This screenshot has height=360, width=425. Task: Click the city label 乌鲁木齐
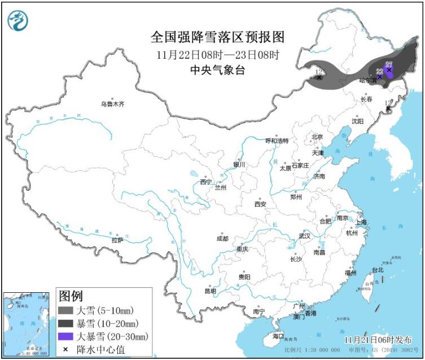pyautogui.click(x=112, y=104)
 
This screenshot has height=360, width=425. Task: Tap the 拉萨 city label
pyautogui.click(x=117, y=240)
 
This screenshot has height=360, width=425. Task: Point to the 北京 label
pyautogui.click(x=317, y=137)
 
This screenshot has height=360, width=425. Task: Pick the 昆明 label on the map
pyautogui.click(x=211, y=291)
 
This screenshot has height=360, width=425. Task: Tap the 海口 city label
pyautogui.click(x=278, y=336)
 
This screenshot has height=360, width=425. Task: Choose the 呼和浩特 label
pyautogui.click(x=277, y=141)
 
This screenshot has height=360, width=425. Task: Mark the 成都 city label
pyautogui.click(x=222, y=239)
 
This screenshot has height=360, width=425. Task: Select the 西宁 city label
pyautogui.click(x=205, y=182)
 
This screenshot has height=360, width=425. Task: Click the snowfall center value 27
pyautogui.click(x=388, y=64)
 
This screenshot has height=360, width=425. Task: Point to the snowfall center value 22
pyautogui.click(x=379, y=71)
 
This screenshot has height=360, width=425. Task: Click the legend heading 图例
pyautogui.click(x=71, y=296)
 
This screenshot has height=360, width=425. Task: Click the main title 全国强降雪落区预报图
pyautogui.click(x=217, y=37)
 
